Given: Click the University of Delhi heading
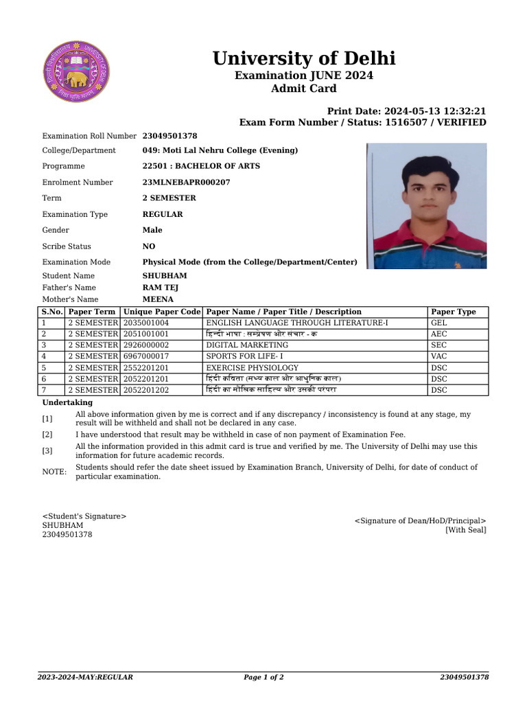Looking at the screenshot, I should [304, 58].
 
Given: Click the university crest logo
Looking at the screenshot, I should [76, 72].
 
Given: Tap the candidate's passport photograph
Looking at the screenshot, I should [426, 205].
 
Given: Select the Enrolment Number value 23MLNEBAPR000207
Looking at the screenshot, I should [186, 183].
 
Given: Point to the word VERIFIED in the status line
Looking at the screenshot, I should [459, 122].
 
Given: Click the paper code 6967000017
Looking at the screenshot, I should [146, 356].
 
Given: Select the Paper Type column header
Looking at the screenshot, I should [453, 312].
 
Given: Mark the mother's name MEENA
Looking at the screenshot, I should [158, 299].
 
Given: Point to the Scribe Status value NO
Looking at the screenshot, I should [149, 246].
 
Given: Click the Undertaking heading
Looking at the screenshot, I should [67, 402].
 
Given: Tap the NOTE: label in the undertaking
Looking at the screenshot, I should [54, 472].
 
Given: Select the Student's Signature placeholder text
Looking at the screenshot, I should [84, 516].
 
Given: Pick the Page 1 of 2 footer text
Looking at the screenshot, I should [263, 678].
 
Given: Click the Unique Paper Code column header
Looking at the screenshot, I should [162, 312].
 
